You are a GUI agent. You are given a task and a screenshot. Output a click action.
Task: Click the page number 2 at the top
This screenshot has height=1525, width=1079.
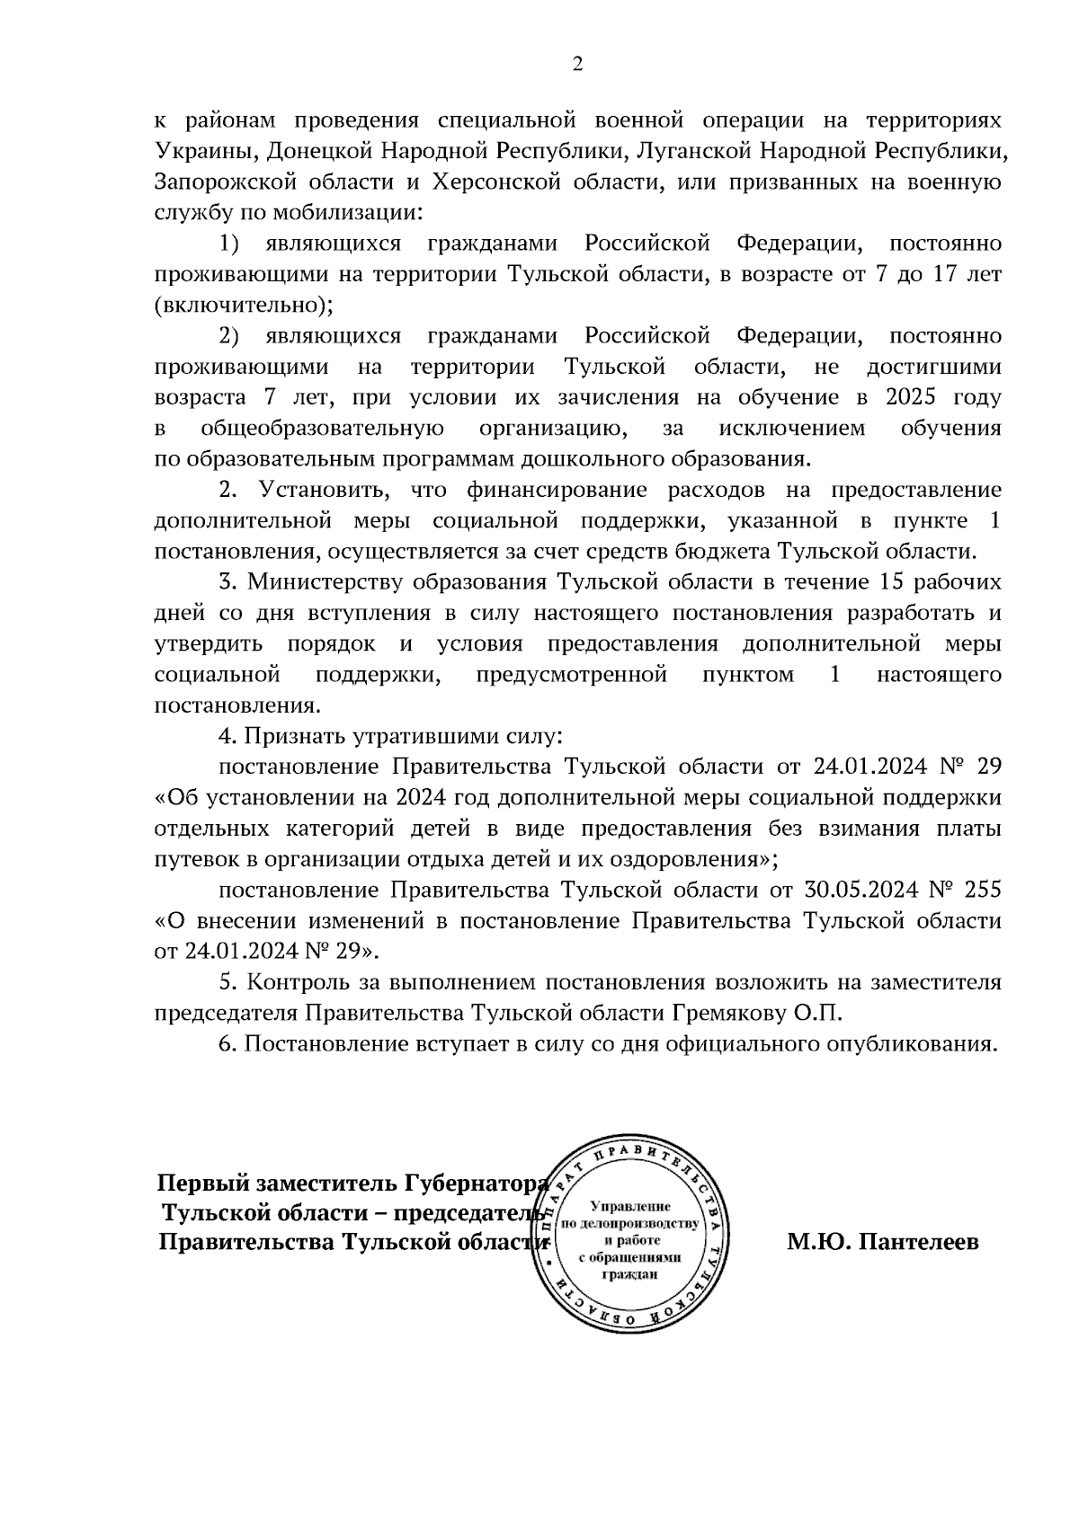pos(577,64)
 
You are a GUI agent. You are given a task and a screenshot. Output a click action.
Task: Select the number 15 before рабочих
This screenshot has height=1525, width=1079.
pos(883,582)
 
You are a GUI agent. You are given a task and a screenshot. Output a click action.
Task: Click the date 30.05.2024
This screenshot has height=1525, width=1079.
pos(866,890)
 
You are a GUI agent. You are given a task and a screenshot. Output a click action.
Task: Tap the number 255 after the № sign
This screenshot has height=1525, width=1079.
pos(982,890)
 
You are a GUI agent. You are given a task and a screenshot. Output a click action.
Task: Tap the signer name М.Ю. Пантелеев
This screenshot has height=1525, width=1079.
pos(883,1243)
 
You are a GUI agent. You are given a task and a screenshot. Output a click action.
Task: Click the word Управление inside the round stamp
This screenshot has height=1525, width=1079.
pos(632,1206)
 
